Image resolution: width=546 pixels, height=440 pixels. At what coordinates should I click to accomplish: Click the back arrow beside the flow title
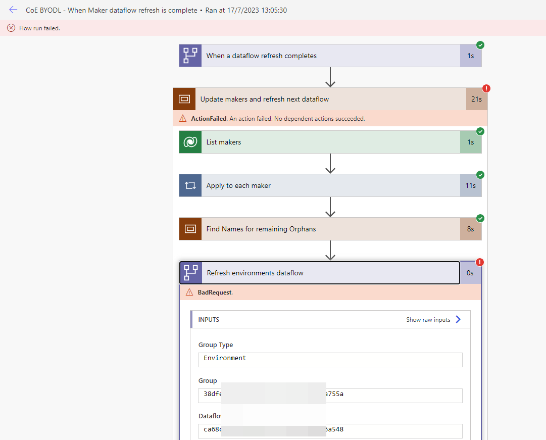pyautogui.click(x=13, y=10)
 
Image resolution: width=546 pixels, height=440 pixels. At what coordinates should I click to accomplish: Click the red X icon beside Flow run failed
pyautogui.click(x=11, y=28)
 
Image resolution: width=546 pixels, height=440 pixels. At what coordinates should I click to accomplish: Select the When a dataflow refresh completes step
pyautogui.click(x=262, y=56)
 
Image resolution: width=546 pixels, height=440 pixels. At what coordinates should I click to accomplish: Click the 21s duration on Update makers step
pyautogui.click(x=476, y=99)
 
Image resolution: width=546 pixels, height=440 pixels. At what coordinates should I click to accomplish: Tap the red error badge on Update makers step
pyautogui.click(x=486, y=88)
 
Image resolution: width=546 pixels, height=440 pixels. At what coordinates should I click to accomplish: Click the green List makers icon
pyautogui.click(x=190, y=142)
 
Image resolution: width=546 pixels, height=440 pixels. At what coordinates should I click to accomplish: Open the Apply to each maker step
pyautogui.click(x=238, y=186)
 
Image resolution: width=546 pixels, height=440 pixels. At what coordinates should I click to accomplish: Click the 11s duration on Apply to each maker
pyautogui.click(x=470, y=186)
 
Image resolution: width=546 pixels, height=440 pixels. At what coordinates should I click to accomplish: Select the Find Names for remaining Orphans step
pyautogui.click(x=261, y=229)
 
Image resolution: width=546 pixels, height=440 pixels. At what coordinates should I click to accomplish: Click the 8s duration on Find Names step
pyautogui.click(x=470, y=229)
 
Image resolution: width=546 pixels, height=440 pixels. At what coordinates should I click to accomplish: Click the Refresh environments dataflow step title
pyautogui.click(x=255, y=273)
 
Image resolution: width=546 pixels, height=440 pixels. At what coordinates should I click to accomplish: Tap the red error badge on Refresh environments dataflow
pyautogui.click(x=480, y=262)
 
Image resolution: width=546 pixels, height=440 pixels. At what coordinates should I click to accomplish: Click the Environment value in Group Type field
pyautogui.click(x=225, y=358)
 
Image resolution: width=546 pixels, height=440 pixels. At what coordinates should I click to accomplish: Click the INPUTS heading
pyautogui.click(x=209, y=320)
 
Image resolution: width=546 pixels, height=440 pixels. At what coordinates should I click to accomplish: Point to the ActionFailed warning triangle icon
pyautogui.click(x=183, y=119)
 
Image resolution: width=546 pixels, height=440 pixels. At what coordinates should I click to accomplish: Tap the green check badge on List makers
pyautogui.click(x=480, y=132)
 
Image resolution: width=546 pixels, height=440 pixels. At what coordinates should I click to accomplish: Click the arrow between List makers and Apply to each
pyautogui.click(x=330, y=164)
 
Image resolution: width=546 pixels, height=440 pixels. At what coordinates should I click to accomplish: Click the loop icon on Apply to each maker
pyautogui.click(x=190, y=186)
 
